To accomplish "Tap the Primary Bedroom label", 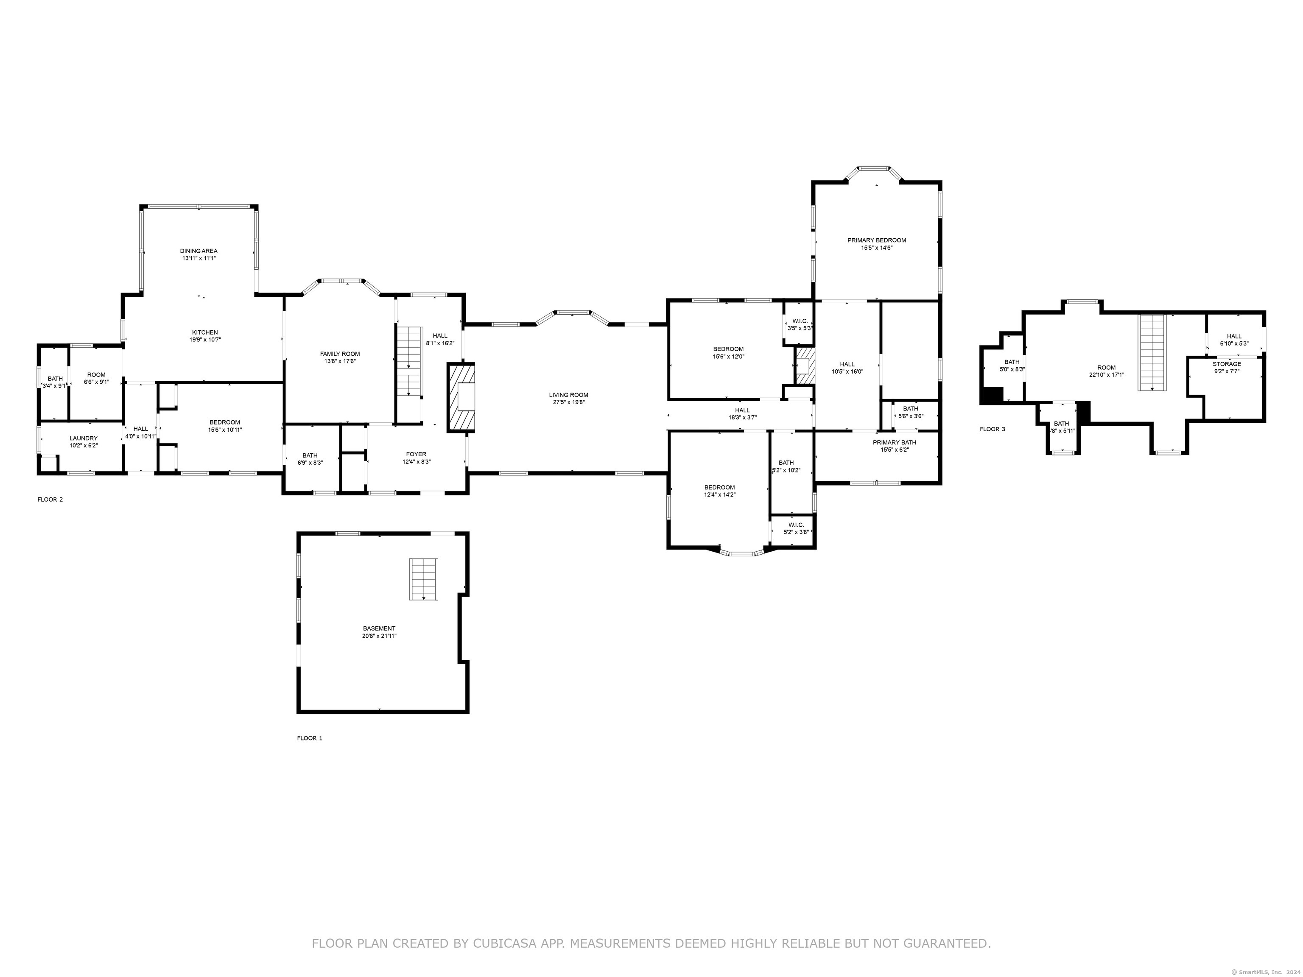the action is coord(877,240).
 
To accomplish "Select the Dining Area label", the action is coord(199,251).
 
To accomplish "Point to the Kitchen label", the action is coord(204,332).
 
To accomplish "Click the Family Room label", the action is coord(340,354).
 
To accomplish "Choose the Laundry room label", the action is coord(84,438).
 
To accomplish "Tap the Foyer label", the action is coord(416,454).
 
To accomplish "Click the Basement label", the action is coord(379,628).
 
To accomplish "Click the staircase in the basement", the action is coord(424,579).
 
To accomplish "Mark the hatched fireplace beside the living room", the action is coord(461,397).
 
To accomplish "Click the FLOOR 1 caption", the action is coord(309,738).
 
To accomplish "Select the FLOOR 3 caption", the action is coord(993,429).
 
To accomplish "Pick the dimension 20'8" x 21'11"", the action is coord(379,636).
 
